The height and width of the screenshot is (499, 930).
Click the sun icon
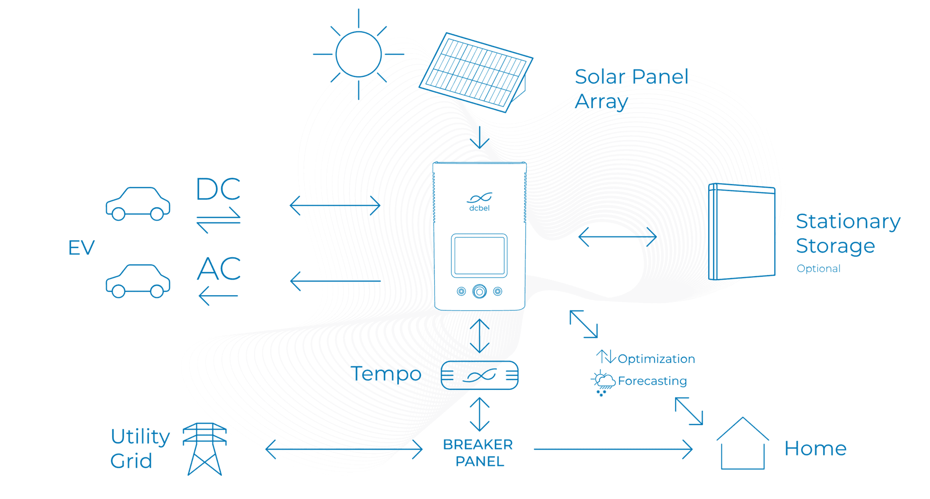tap(358, 54)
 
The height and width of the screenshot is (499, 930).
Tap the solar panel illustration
tap(476, 72)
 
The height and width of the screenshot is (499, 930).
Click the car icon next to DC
tap(138, 204)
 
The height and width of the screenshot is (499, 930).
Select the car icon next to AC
tap(138, 281)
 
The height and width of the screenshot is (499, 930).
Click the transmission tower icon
tap(205, 449)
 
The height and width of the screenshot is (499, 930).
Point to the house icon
tap(743, 444)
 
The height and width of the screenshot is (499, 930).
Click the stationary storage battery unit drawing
tap(742, 232)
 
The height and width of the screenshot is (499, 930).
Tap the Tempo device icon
tap(480, 376)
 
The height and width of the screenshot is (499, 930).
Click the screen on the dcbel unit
tap(479, 256)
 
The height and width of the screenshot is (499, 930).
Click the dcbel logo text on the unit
tap(479, 208)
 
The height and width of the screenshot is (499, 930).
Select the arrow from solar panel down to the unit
tap(480, 137)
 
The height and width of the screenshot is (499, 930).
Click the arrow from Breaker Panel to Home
tap(613, 449)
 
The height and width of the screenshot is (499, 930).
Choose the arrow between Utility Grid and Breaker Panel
tap(344, 449)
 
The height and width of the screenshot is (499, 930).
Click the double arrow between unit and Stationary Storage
tap(618, 237)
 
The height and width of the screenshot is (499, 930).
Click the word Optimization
tap(656, 359)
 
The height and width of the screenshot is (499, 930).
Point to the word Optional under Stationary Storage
tap(818, 268)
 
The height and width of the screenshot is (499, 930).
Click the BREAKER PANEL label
tap(478, 453)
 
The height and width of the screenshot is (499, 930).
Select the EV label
tap(81, 248)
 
